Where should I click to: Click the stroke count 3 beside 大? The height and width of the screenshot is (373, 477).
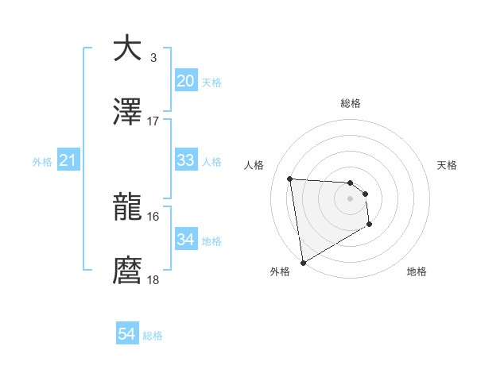click(153, 57)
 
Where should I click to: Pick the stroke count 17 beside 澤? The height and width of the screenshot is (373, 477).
click(153, 121)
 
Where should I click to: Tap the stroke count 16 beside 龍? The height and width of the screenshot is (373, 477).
click(153, 216)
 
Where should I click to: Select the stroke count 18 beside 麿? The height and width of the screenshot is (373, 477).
click(153, 280)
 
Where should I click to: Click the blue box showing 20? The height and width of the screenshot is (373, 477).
click(185, 80)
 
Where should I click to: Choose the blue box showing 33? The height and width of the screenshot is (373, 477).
click(185, 160)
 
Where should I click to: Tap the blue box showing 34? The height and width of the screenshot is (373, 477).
click(185, 240)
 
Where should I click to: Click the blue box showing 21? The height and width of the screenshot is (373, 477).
click(68, 160)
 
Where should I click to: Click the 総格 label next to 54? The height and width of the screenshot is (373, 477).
click(153, 336)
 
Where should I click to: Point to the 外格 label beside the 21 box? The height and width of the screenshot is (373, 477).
click(42, 161)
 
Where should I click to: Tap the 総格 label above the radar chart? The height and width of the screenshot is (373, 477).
click(350, 103)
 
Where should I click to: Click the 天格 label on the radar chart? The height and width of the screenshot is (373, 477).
click(447, 165)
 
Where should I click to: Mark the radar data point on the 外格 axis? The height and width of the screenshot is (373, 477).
click(303, 262)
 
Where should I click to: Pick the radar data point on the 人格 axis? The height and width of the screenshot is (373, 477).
click(290, 179)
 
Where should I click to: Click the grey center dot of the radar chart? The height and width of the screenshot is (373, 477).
click(350, 199)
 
